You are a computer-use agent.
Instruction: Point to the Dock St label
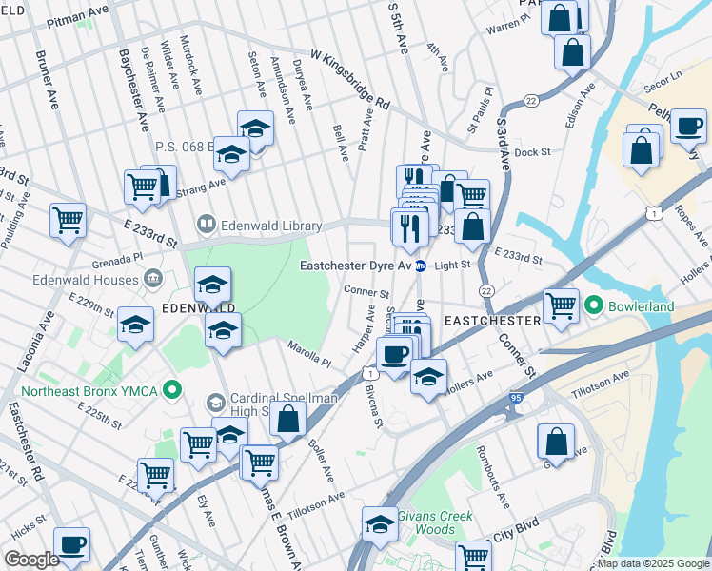(532, 152)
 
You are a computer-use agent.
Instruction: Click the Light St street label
(452, 266)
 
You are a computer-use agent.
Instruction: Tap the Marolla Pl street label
(309, 355)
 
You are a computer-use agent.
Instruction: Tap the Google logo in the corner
(32, 559)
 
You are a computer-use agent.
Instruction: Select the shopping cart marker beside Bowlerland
(562, 306)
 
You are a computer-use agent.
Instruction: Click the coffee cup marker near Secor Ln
(687, 127)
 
